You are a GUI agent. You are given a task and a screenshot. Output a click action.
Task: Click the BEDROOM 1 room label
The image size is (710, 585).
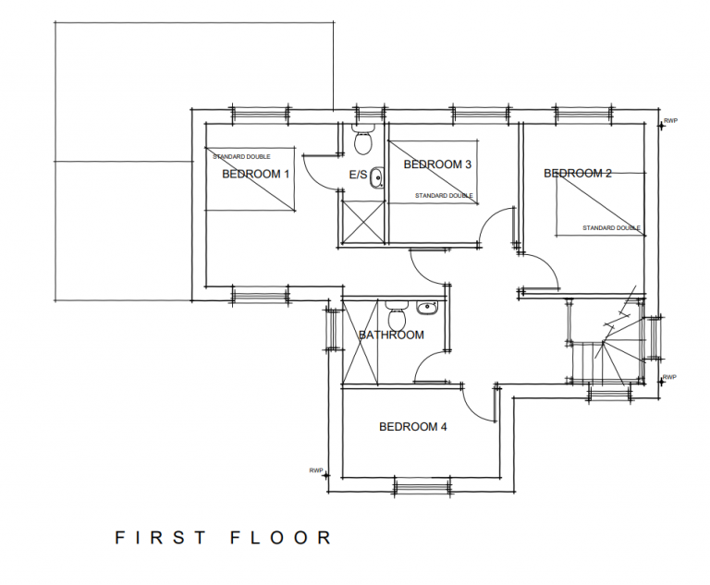point(255,174)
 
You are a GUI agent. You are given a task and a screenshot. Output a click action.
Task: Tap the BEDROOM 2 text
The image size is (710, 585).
point(578,173)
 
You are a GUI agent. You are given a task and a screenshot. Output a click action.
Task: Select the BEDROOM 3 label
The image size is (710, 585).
point(437,165)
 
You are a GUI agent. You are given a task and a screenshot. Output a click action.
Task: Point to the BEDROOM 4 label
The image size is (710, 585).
point(413,427)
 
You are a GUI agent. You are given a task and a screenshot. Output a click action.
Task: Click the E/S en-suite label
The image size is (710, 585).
point(358,175)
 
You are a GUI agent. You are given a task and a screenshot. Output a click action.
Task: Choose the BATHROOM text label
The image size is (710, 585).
point(391,335)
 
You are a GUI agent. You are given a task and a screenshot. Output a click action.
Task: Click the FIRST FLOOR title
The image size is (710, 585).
point(223,537)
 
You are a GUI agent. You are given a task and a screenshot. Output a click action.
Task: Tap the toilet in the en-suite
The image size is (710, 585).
point(363,140)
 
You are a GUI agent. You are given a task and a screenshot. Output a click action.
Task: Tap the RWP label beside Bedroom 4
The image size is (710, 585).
point(316,470)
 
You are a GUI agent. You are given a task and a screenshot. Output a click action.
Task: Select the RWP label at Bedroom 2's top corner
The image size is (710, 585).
point(671,120)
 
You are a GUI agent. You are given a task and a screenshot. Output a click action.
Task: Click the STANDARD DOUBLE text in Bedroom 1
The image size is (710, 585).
point(241,156)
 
